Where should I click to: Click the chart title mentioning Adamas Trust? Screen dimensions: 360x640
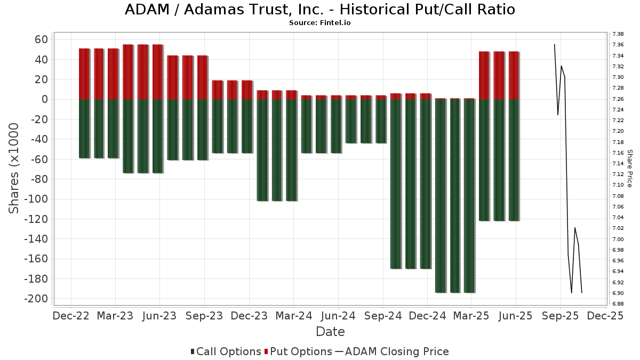320,10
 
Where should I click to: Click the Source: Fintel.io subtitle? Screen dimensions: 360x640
320,23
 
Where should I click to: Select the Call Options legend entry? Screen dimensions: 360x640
226,351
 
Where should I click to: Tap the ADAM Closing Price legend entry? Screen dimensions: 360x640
392,351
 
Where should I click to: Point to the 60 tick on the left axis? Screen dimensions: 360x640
41,39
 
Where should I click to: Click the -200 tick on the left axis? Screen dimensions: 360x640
36,299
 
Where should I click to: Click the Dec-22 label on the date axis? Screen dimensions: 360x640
71,316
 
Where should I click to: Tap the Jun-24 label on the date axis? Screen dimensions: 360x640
338,316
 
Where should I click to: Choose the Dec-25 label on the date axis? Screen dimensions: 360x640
604,316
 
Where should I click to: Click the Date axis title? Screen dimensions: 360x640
330,332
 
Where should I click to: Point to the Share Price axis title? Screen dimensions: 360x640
630,168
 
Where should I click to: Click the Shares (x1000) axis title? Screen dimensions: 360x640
14,168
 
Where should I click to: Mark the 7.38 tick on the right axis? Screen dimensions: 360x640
618,34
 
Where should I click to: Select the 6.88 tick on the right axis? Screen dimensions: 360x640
618,304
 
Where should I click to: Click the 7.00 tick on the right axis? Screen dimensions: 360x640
618,239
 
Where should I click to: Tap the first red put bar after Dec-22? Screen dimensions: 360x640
84,74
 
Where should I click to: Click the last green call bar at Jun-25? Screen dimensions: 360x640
514,160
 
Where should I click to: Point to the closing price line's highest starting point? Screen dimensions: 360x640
555,45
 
